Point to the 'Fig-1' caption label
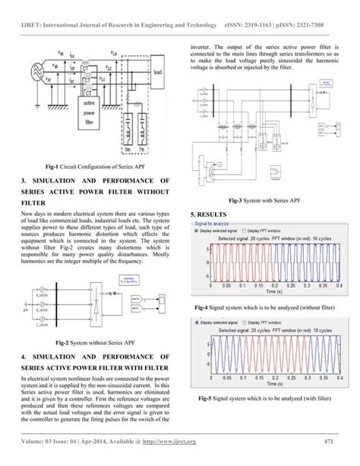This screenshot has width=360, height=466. (x=55, y=164)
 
